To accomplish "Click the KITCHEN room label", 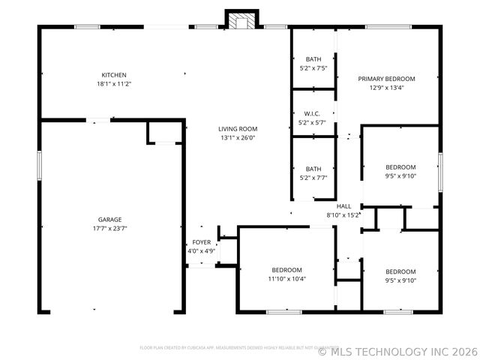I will tap(114, 75).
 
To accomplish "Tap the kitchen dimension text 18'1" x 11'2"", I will tap(114, 84).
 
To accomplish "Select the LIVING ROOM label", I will tap(238, 129).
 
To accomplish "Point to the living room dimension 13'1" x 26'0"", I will tap(238, 138).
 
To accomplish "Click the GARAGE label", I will tap(109, 220).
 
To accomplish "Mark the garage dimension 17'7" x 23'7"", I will tap(109, 229).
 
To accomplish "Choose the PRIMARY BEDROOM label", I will tap(386, 79).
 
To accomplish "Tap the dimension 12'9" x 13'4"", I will tap(386, 88).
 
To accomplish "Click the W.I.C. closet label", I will tap(313, 114).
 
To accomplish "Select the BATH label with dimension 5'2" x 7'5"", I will tap(313, 59).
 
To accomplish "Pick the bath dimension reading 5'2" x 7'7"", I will tap(313, 178).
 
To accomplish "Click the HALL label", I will tap(343, 206).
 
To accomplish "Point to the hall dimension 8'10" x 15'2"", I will tap(343, 215).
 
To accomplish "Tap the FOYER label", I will tap(201, 242).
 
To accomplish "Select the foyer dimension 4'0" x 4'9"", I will tap(201, 251).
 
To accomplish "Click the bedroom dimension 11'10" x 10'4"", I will tap(286, 279).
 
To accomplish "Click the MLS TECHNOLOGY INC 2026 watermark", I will tap(397, 350).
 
